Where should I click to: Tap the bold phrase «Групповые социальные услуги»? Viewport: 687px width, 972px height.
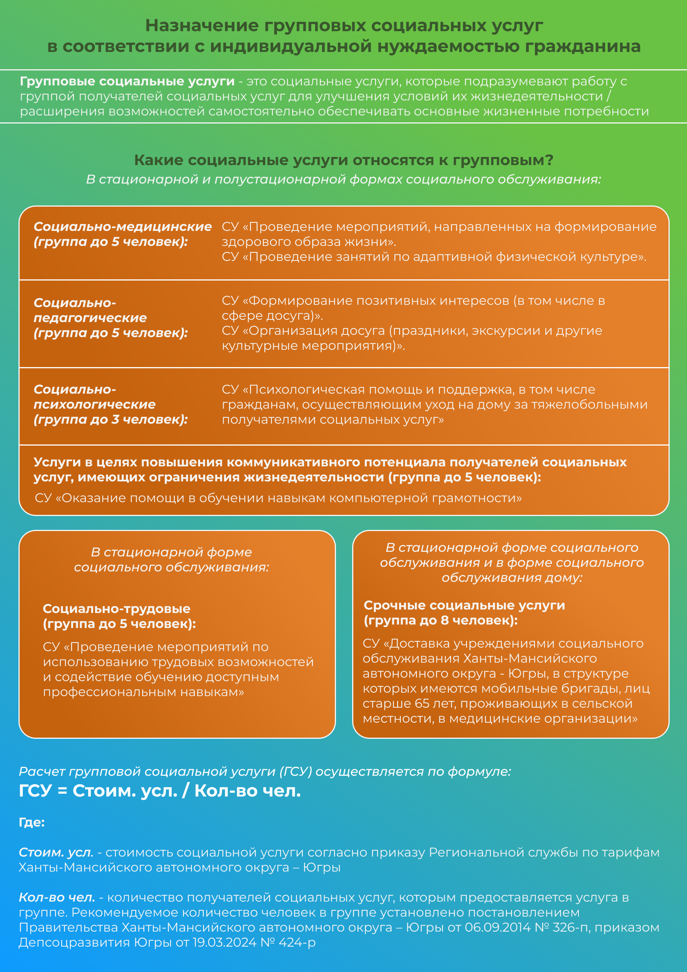pyautogui.click(x=127, y=81)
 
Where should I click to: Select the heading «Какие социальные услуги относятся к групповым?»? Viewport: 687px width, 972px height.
pyautogui.click(x=343, y=160)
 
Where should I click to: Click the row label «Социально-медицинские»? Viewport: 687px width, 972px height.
pyautogui.click(x=122, y=227)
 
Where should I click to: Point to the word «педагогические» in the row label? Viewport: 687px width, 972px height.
pyautogui.click(x=90, y=317)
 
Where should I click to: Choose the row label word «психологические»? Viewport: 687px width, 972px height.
pyautogui.click(x=94, y=404)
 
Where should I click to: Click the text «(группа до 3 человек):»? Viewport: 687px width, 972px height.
pyautogui.click(x=110, y=419)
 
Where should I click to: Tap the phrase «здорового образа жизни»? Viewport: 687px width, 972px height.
pyautogui.click(x=305, y=242)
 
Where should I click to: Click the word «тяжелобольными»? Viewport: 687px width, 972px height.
pyautogui.click(x=589, y=404)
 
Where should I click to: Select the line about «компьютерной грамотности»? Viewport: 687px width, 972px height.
pyautogui.click(x=278, y=498)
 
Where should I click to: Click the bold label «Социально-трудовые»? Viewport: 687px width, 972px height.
pyautogui.click(x=117, y=608)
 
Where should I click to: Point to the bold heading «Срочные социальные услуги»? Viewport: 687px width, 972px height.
pyautogui.click(x=464, y=605)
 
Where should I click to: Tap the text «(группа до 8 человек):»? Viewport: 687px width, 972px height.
pyautogui.click(x=441, y=620)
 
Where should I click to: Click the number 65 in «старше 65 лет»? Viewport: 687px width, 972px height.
pyautogui.click(x=422, y=703)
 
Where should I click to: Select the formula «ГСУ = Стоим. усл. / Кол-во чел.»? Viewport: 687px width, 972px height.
pyautogui.click(x=160, y=790)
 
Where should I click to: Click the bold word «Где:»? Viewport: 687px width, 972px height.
pyautogui.click(x=32, y=822)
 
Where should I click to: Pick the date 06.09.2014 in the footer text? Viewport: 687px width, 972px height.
pyautogui.click(x=497, y=927)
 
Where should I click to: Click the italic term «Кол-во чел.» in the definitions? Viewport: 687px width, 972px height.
pyautogui.click(x=57, y=897)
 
